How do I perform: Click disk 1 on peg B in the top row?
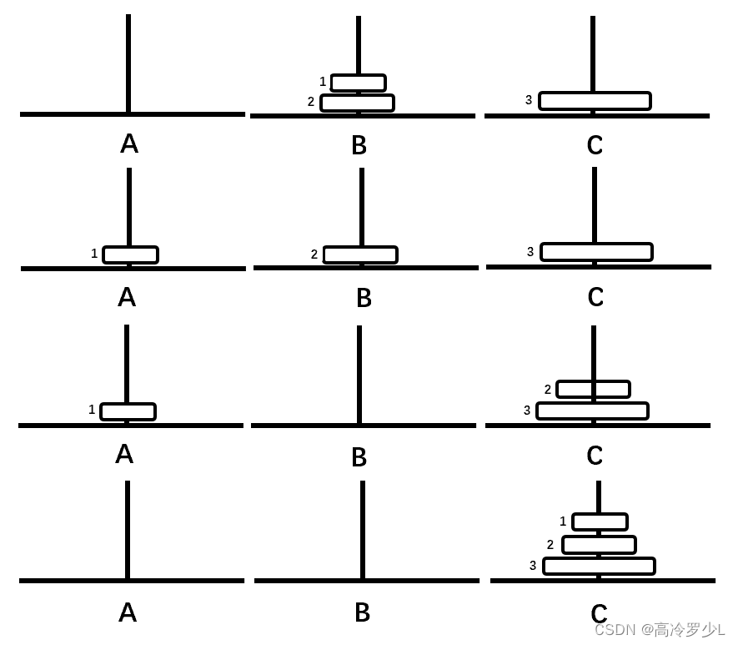(358, 83)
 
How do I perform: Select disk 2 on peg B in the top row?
(357, 103)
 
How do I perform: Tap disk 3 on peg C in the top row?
(595, 101)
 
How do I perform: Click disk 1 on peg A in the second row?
(130, 254)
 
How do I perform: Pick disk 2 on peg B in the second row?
(360, 254)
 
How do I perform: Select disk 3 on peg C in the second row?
(596, 252)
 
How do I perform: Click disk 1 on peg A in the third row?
(128, 411)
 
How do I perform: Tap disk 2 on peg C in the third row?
(593, 389)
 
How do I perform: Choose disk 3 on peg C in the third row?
(592, 411)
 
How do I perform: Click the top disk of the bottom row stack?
(600, 522)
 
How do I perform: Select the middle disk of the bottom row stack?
(599, 545)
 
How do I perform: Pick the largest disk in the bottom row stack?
(599, 566)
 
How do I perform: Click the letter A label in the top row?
(129, 144)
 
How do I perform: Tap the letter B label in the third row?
(359, 457)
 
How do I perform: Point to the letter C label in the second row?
(595, 297)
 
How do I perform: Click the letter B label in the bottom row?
(362, 612)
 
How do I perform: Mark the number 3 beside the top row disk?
(529, 100)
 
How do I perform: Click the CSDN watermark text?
(659, 629)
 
